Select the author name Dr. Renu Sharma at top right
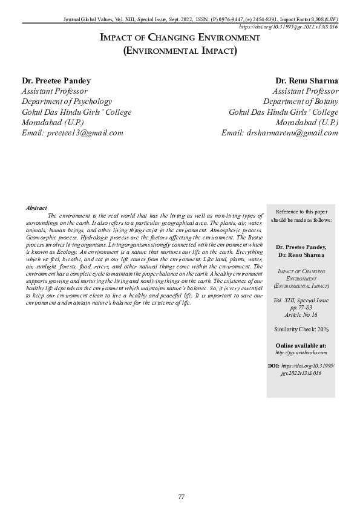307,80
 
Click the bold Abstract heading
36,207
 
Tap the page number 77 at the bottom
180,496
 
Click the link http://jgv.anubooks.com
301,352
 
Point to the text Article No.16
301,315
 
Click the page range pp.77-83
301,307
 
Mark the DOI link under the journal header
289,27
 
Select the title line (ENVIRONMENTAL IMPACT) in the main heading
180,51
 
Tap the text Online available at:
301,345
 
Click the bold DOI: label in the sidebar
273,366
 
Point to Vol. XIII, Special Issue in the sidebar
301,300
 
